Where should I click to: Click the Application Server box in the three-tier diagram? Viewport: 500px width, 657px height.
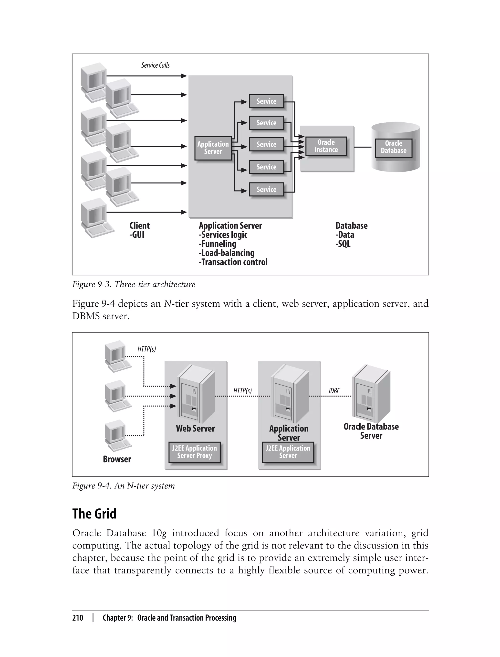[x=213, y=148]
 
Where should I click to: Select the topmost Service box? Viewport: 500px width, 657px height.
[x=266, y=101]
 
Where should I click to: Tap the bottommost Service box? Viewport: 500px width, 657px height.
[x=266, y=189]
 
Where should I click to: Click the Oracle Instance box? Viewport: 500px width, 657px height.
[x=326, y=146]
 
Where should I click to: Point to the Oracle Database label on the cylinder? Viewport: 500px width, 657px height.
[x=394, y=147]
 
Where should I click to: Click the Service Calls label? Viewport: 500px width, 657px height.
[x=155, y=65]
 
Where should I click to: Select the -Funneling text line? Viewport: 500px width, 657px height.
[x=218, y=244]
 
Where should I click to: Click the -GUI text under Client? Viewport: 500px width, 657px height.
[x=137, y=235]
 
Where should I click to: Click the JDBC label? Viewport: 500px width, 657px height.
[x=334, y=391]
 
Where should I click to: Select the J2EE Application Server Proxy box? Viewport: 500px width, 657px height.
[x=194, y=452]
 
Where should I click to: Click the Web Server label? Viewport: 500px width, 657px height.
[x=195, y=429]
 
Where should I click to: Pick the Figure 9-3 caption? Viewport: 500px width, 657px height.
[x=134, y=284]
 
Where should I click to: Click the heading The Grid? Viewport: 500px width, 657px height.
[x=94, y=514]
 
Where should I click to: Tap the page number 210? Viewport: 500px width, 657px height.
[x=78, y=618]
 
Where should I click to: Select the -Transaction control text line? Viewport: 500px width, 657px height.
[x=233, y=262]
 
